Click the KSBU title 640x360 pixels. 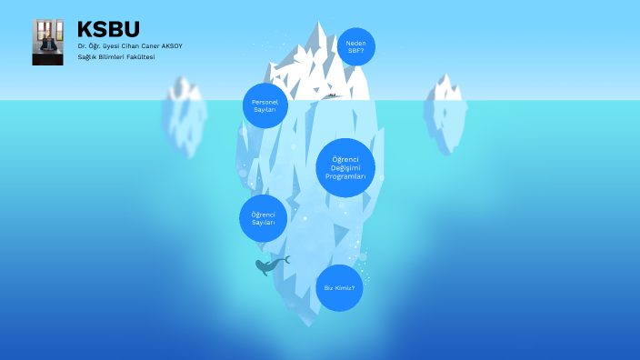[x=108, y=29]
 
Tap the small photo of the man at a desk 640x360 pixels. [x=47, y=42]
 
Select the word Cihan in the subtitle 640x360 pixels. [x=134, y=46]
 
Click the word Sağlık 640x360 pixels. [x=87, y=57]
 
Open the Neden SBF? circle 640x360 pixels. [x=355, y=46]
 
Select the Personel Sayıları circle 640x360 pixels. [x=265, y=105]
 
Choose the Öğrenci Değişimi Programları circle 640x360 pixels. [x=345, y=167]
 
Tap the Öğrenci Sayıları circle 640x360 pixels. [x=264, y=218]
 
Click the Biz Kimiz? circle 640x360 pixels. [x=339, y=287]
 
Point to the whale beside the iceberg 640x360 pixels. [x=270, y=265]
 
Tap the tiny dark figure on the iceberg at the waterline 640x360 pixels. [x=332, y=95]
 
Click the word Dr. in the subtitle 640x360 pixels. [x=82, y=46]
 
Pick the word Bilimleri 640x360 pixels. [x=113, y=57]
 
